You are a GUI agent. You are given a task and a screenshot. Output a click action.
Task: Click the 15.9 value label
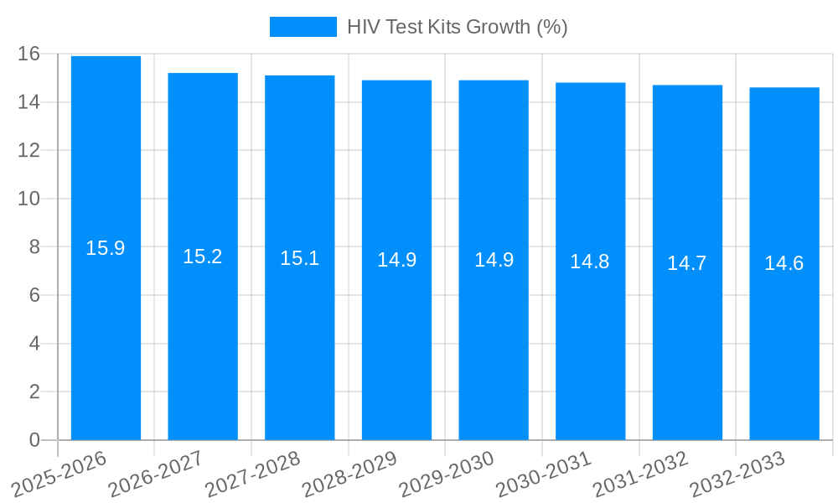tap(106, 248)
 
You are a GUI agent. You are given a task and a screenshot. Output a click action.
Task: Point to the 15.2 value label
tap(203, 257)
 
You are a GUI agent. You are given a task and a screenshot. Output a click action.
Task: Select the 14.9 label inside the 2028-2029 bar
tap(397, 260)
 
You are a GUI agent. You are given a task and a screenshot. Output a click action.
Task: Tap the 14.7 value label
tap(687, 263)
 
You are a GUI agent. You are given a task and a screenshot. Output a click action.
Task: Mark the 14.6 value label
tap(784, 263)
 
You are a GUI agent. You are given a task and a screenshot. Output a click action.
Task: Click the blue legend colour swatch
tap(303, 27)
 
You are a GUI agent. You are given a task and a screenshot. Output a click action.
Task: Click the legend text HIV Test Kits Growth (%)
tap(458, 27)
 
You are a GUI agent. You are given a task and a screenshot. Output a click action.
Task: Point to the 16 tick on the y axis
tap(28, 54)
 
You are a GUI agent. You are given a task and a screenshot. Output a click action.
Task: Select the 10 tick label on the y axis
tap(28, 199)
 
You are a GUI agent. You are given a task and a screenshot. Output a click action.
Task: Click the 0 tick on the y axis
tap(34, 440)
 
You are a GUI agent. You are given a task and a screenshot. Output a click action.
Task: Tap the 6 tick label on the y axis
tap(34, 295)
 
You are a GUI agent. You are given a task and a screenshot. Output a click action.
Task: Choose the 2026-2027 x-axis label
tap(156, 474)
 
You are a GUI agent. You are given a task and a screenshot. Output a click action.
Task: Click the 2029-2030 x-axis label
tap(447, 474)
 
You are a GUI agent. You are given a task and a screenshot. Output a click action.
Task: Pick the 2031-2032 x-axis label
tap(641, 474)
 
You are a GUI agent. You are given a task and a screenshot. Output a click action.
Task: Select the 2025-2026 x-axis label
tap(59, 474)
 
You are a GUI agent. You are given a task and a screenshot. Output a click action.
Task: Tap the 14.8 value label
tap(590, 262)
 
